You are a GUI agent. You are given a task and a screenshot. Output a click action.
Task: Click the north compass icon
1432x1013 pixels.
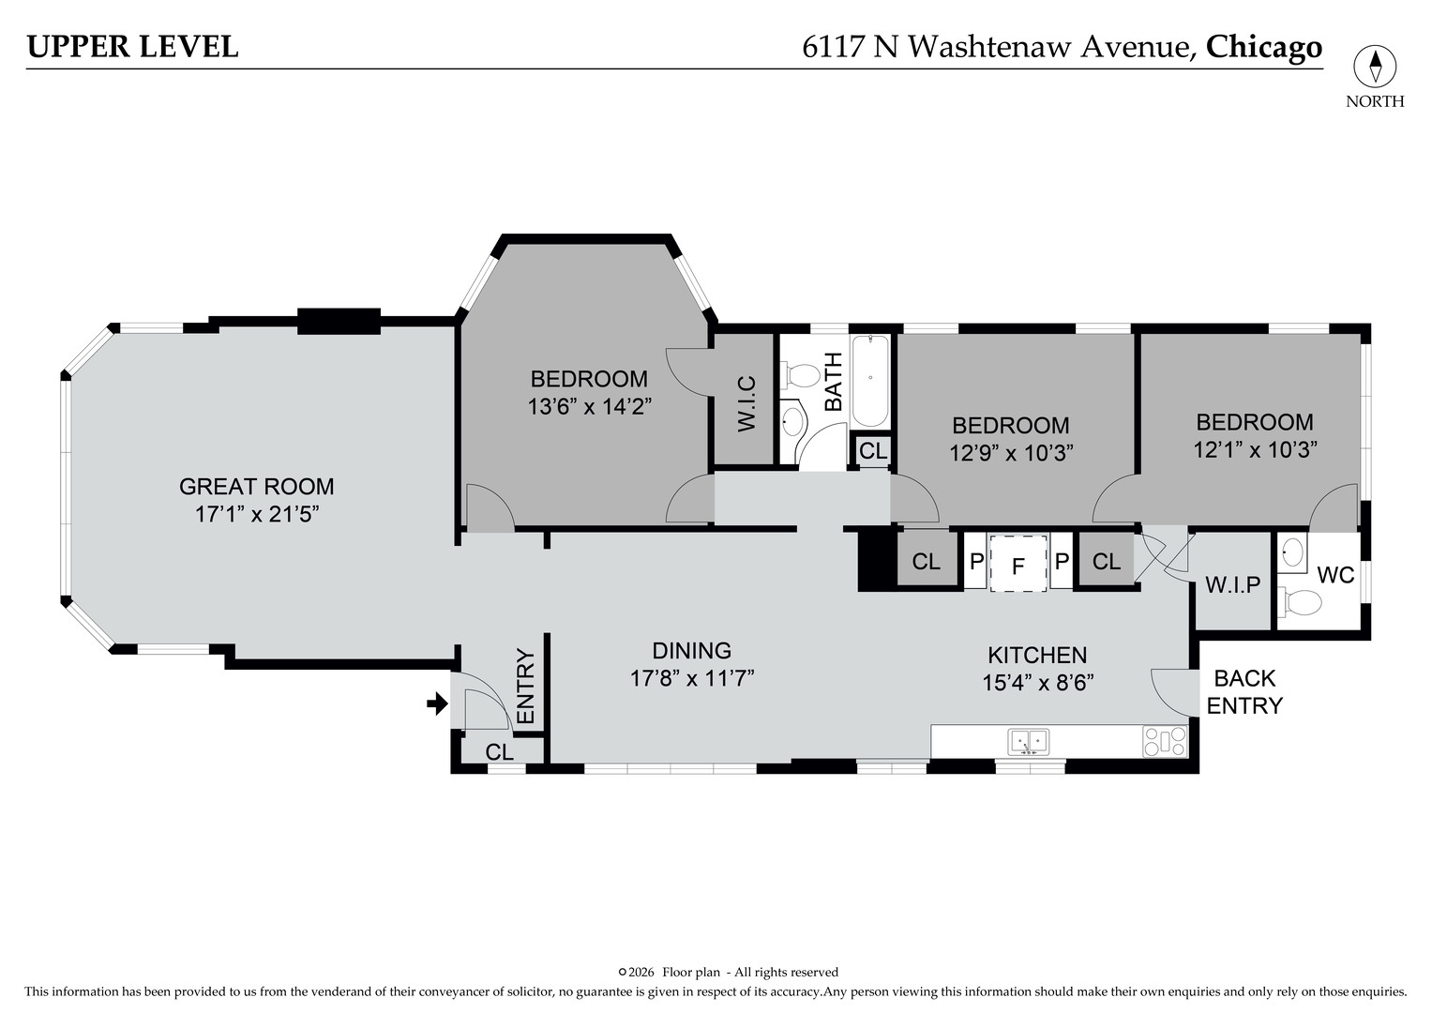tap(1375, 68)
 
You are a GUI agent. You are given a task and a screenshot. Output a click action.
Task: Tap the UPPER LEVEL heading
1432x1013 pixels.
tap(132, 46)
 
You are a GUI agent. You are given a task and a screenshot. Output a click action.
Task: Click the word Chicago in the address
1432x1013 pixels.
tap(1263, 46)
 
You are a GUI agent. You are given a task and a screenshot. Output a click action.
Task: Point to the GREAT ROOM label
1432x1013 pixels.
tap(256, 486)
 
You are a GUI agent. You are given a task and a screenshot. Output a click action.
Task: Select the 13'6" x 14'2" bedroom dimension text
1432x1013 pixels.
tap(589, 406)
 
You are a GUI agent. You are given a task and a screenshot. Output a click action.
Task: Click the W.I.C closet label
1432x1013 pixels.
tap(746, 403)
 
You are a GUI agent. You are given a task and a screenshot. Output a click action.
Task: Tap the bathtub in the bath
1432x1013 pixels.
tap(870, 381)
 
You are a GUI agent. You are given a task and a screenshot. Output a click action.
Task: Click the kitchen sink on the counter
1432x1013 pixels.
tap(1028, 742)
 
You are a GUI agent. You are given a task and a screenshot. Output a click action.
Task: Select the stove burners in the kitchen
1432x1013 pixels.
tap(1165, 742)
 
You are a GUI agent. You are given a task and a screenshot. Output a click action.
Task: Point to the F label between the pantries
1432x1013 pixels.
tap(1017, 567)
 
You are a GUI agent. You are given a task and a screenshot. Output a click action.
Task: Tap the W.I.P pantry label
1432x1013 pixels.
tap(1232, 585)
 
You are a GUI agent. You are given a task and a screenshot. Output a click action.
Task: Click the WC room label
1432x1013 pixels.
tap(1335, 575)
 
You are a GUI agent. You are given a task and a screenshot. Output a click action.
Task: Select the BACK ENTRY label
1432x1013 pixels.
tap(1244, 691)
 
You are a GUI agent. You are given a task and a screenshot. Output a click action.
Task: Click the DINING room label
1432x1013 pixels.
tap(691, 650)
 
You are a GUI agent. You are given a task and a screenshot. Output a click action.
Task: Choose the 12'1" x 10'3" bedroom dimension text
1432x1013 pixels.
tap(1255, 449)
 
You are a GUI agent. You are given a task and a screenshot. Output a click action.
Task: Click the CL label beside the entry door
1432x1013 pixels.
tap(499, 752)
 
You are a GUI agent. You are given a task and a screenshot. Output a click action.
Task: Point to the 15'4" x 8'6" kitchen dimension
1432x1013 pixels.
tap(1037, 683)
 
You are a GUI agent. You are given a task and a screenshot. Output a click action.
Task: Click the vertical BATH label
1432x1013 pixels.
tap(833, 381)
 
